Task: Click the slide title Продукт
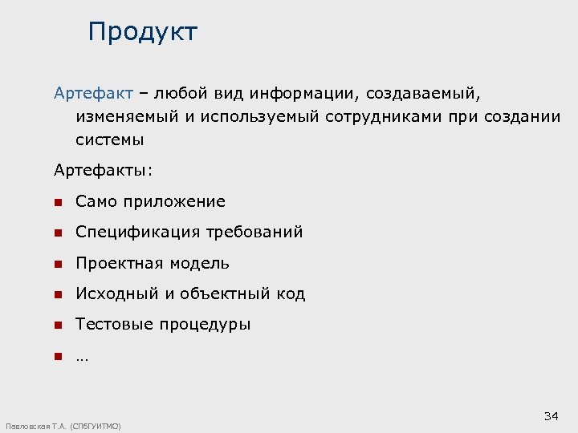(x=143, y=32)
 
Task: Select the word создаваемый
(x=425, y=94)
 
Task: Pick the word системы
(x=110, y=140)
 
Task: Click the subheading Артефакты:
(x=103, y=170)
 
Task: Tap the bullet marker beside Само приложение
(x=58, y=202)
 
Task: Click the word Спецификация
(x=138, y=233)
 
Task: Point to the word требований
(x=254, y=233)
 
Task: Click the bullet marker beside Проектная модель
(x=58, y=264)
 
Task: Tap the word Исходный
(x=118, y=294)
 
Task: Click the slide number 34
(x=551, y=415)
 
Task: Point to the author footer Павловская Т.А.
(x=63, y=427)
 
